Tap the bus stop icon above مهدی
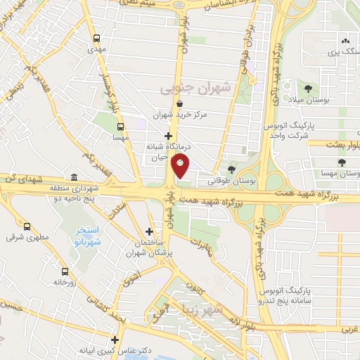(x=96, y=38)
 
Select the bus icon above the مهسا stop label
(x=121, y=127)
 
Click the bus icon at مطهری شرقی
(x=27, y=226)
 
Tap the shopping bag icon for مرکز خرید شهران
(x=181, y=103)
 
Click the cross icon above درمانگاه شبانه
(x=167, y=136)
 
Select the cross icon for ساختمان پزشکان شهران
(x=149, y=231)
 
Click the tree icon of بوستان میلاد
(x=308, y=88)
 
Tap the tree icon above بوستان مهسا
(x=342, y=162)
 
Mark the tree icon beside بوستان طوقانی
(x=231, y=169)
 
